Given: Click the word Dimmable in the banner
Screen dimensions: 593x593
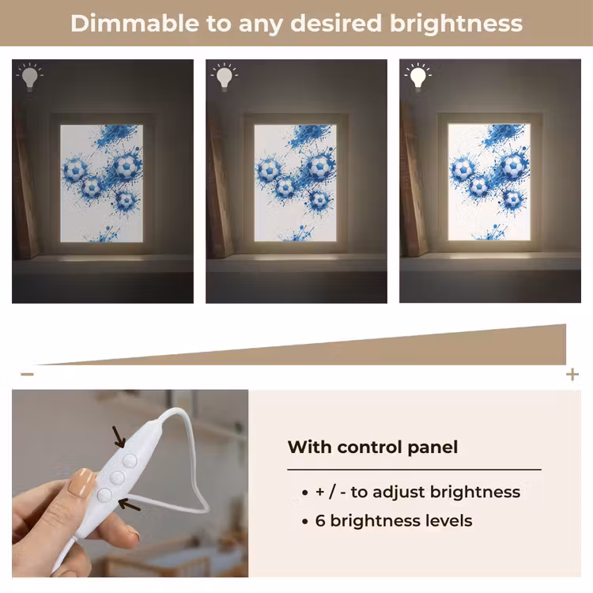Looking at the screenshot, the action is click(x=134, y=24).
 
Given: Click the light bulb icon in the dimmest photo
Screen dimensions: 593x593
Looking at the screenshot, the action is click(x=29, y=77).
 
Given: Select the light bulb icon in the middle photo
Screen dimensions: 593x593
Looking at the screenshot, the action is click(x=224, y=77).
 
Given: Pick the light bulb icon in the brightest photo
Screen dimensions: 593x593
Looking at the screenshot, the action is click(x=418, y=77).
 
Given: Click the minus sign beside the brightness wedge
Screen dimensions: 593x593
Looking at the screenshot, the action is click(x=27, y=375).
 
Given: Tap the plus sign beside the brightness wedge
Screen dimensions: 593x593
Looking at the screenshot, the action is click(x=572, y=375).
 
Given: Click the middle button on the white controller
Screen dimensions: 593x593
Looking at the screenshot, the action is click(x=117, y=478).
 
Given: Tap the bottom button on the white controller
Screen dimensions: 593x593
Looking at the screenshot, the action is click(x=104, y=495).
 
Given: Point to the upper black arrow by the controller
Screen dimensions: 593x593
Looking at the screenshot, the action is click(x=119, y=436).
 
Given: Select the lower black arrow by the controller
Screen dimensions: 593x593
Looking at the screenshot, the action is click(x=130, y=504).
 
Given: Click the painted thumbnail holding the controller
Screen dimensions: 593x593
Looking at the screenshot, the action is click(x=81, y=482).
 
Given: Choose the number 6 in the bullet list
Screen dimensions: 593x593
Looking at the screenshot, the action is click(x=320, y=521).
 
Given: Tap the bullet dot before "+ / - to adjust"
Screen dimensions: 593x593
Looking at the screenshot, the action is click(x=305, y=493).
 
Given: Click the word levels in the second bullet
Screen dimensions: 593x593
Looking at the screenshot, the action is click(x=449, y=521).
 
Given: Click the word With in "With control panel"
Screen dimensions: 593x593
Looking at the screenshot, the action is click(x=310, y=447).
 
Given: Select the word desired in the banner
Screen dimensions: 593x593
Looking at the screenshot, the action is click(x=336, y=24).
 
